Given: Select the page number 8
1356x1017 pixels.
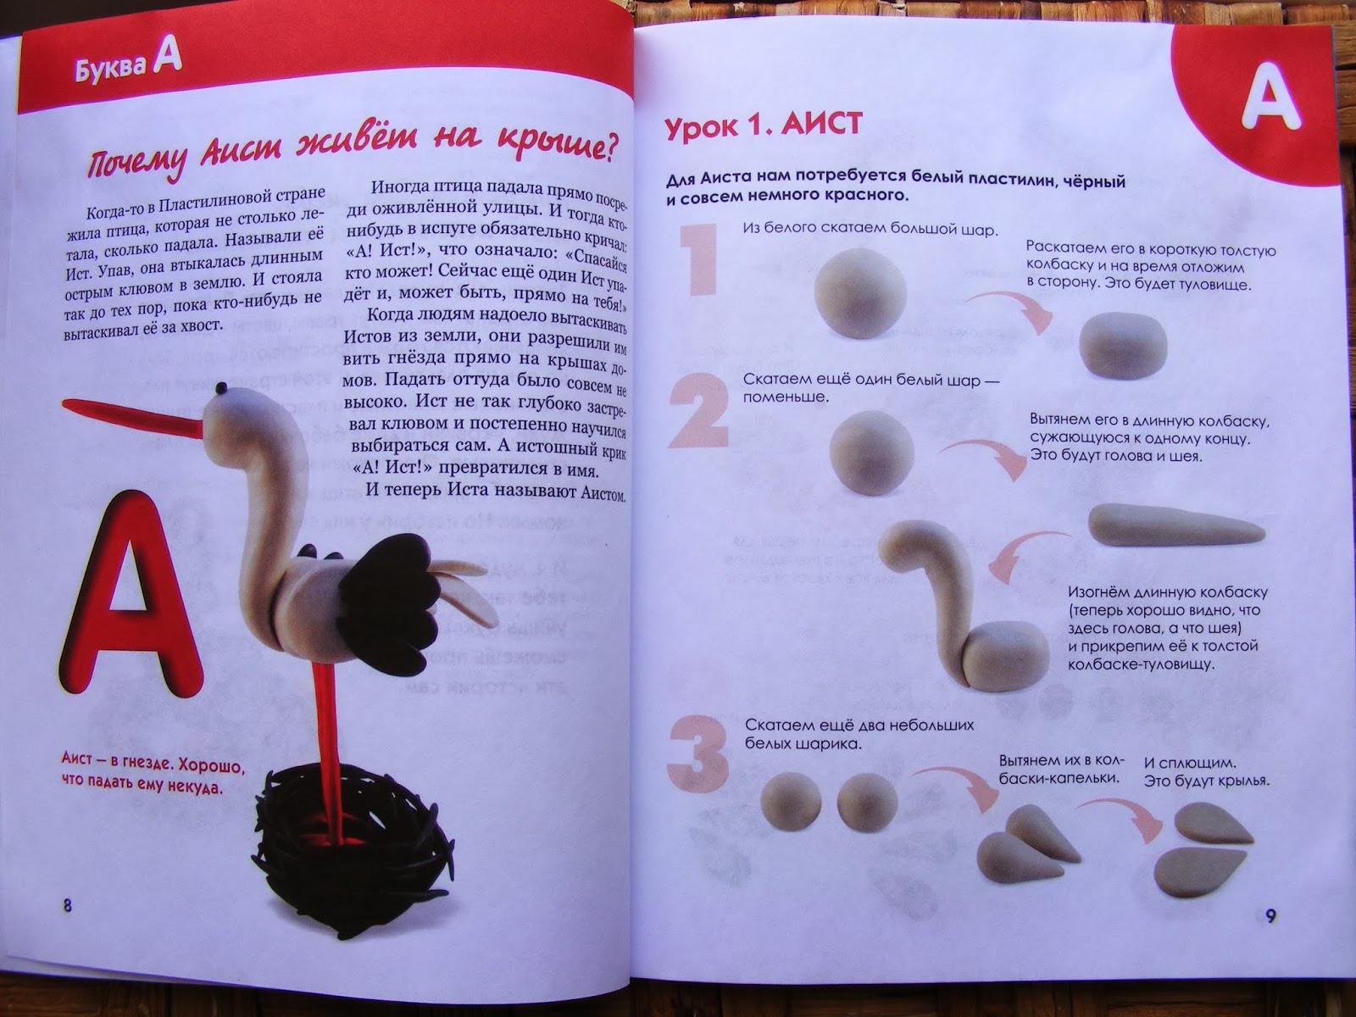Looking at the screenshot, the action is (67, 906).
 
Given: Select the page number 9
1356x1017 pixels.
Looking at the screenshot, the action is (1270, 915).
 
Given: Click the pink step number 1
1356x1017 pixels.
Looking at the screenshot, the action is (699, 260).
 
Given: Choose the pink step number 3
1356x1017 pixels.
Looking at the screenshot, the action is (698, 754).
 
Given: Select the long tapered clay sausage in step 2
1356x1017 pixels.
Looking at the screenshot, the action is (1176, 525).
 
